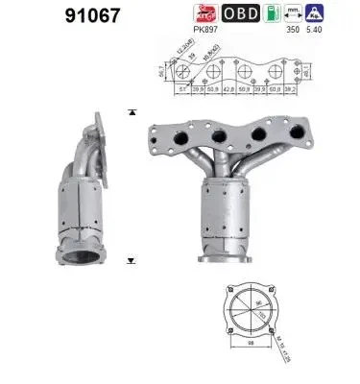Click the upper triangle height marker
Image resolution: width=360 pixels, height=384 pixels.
(131, 112)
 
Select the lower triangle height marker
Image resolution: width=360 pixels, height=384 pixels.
(131, 260)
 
